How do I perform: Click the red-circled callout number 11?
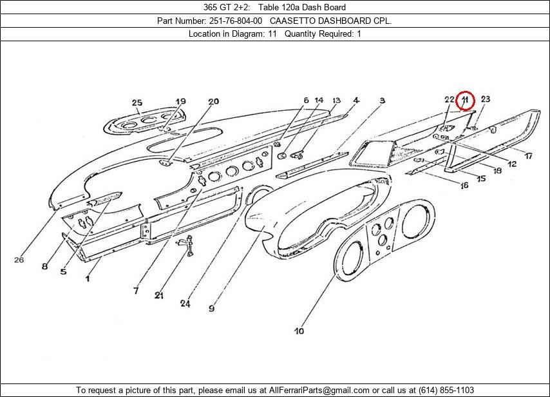coord(464,101)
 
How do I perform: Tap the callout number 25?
coord(137,102)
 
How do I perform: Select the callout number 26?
coord(19,260)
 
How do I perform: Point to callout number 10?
coord(299,331)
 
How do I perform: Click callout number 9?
coord(211,308)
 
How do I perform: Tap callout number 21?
coord(158,295)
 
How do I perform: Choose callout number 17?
coord(527,156)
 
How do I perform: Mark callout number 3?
coord(382,101)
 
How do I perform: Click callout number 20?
coord(213,101)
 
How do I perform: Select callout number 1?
coord(88,278)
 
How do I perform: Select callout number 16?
coord(464,186)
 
